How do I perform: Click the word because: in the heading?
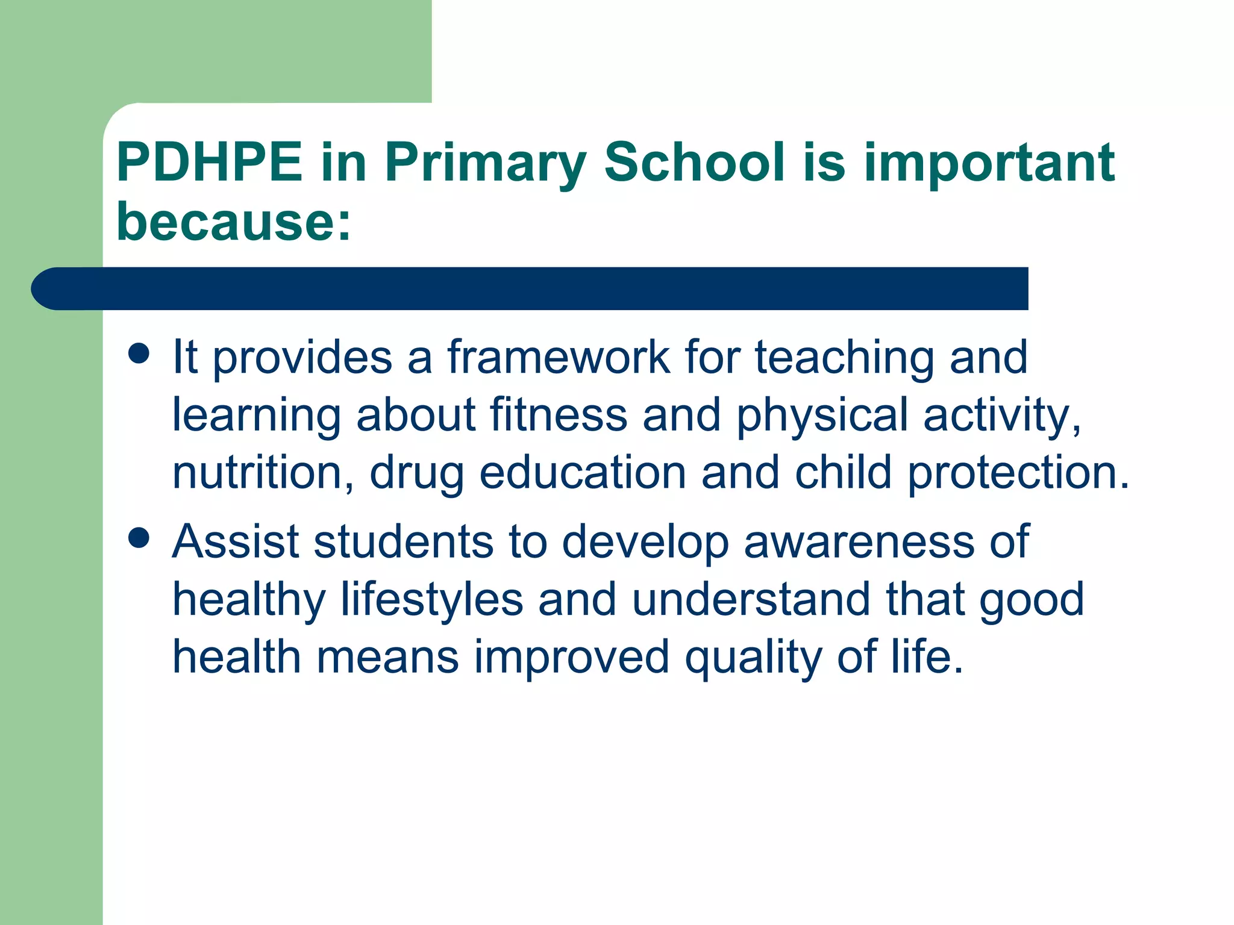233,221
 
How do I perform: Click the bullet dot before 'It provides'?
139,353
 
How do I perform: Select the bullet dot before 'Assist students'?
139,538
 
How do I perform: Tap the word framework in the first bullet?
558,357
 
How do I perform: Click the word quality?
753,658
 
